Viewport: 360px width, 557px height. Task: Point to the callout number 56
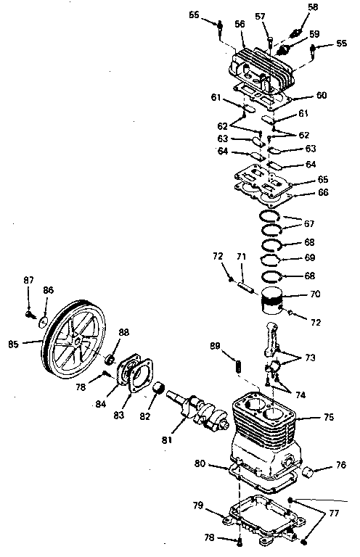[x=239, y=24]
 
